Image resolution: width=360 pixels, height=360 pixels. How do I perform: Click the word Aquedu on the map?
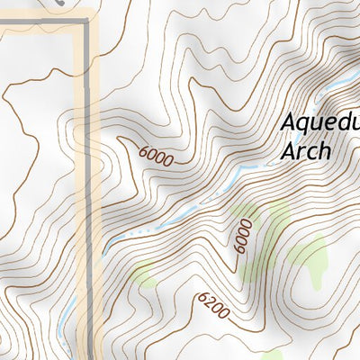(x=319, y=121)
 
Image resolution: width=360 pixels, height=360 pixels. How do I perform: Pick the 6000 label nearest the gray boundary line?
(x=157, y=156)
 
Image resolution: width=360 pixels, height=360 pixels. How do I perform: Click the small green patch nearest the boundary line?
(x=144, y=273)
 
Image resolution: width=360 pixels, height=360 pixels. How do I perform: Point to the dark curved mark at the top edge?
(x=59, y=4)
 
